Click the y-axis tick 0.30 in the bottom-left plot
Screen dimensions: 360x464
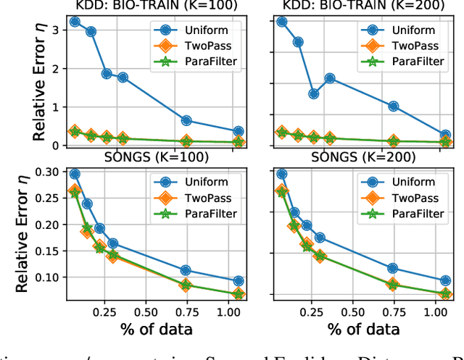[46, 172]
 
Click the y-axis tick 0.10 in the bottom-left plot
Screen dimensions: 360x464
[46, 277]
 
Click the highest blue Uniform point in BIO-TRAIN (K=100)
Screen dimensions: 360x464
[74, 22]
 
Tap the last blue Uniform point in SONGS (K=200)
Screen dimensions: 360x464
[445, 280]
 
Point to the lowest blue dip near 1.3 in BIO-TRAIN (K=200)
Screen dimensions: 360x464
[313, 93]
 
